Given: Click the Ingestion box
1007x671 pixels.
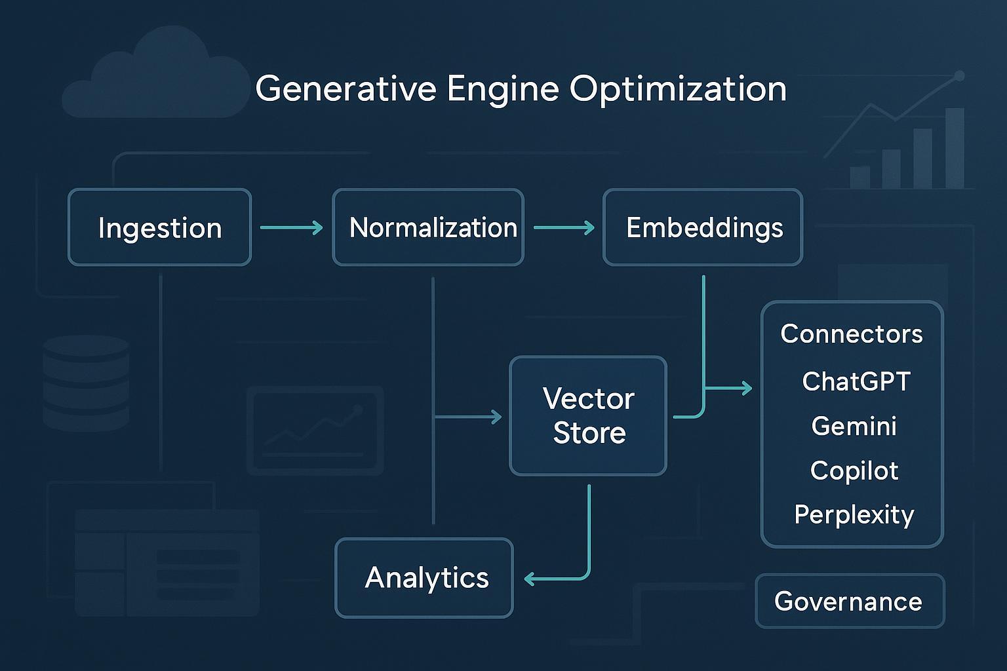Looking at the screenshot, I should (x=159, y=227).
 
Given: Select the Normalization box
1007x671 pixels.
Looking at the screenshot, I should (x=428, y=227).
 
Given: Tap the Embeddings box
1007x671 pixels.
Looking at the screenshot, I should (x=703, y=227).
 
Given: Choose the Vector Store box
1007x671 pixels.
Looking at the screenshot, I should (x=588, y=416).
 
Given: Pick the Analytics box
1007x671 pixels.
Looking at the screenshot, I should (x=424, y=578).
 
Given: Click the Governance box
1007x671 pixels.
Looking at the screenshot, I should (x=850, y=601).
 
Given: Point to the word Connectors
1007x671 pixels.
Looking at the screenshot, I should (x=851, y=334).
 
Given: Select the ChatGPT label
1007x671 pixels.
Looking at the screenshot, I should (x=856, y=381).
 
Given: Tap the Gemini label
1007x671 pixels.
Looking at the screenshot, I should (x=854, y=426).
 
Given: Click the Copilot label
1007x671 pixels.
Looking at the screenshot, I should (x=854, y=470).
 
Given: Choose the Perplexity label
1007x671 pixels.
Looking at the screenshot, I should (x=854, y=515).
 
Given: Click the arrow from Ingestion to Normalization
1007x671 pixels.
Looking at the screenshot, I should (x=292, y=227).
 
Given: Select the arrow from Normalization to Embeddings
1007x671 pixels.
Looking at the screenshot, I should (x=564, y=227).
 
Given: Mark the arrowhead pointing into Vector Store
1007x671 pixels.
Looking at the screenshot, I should (x=497, y=416).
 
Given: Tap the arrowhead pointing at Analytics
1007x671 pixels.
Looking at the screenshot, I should (x=530, y=579).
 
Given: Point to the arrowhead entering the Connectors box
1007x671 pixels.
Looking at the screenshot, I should (x=747, y=389).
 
